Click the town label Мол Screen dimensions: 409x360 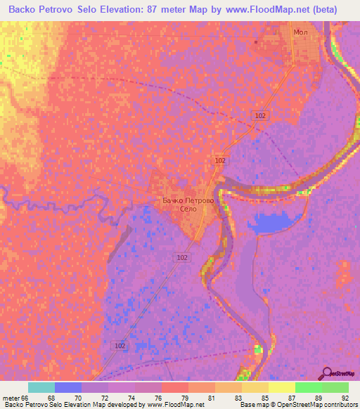tap(300, 33)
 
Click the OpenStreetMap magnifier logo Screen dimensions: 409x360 tap(326, 374)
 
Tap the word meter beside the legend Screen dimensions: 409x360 tap(11, 397)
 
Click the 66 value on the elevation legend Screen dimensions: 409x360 tap(27, 397)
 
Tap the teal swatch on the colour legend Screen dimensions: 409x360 tap(41, 387)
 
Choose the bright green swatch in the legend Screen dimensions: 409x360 tap(308, 387)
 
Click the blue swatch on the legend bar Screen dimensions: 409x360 tap(67, 387)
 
